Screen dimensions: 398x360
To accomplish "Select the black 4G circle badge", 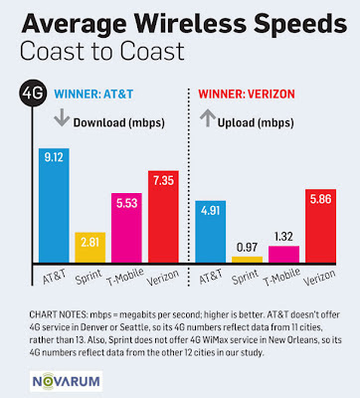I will coord(30,97).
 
